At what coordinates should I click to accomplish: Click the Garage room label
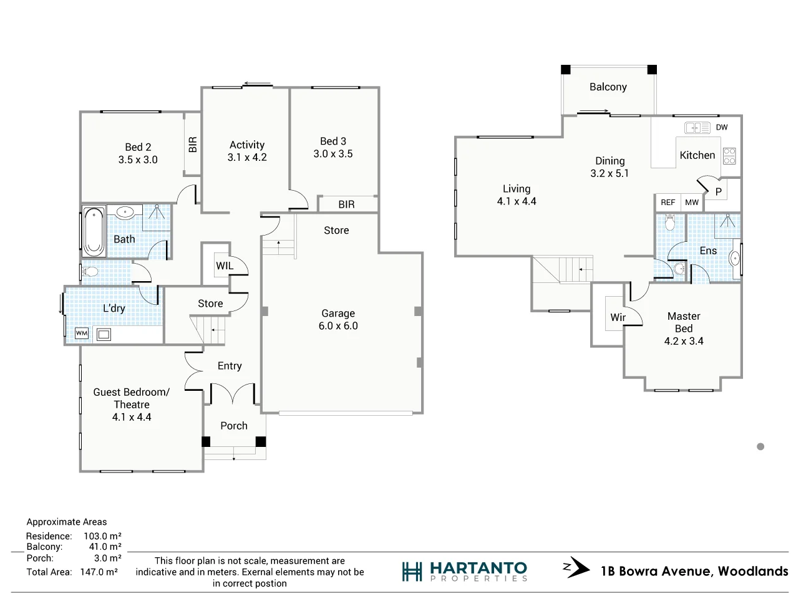(x=338, y=313)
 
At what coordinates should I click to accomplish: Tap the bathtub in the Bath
(x=94, y=231)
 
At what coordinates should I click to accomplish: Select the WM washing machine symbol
(x=82, y=333)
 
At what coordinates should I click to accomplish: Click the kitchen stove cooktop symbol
(x=729, y=156)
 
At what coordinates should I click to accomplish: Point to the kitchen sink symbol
(x=697, y=128)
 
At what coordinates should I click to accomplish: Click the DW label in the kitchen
(x=722, y=127)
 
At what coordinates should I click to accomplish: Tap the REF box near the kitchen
(x=668, y=203)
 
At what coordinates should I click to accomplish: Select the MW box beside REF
(x=692, y=203)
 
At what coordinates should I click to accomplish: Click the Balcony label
(x=608, y=87)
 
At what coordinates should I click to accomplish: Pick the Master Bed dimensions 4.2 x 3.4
(x=684, y=341)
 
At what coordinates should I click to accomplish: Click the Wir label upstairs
(x=618, y=317)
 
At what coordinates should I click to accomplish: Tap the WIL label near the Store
(x=225, y=266)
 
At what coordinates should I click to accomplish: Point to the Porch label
(x=234, y=426)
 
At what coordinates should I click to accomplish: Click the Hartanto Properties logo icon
(x=412, y=572)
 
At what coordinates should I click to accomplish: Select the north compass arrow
(x=576, y=568)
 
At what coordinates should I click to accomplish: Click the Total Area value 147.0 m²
(x=99, y=572)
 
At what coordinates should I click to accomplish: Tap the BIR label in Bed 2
(x=193, y=145)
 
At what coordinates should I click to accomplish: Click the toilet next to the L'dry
(x=90, y=272)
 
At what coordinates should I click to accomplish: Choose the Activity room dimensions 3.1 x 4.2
(x=247, y=157)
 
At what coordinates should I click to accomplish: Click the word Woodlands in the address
(x=753, y=571)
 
